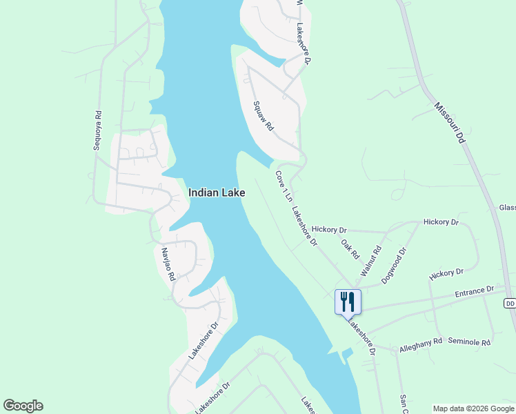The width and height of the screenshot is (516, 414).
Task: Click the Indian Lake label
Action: tap(217, 194)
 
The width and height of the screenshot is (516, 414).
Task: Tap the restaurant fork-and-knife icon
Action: tap(348, 302)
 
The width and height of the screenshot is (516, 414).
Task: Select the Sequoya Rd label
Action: tap(98, 130)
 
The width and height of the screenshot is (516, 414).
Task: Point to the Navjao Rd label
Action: tap(167, 264)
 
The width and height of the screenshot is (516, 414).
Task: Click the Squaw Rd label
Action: tap(264, 117)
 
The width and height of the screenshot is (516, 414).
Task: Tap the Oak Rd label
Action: tap(350, 249)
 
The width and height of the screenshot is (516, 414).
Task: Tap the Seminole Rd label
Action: tap(469, 342)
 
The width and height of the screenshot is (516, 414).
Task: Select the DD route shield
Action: tap(510, 303)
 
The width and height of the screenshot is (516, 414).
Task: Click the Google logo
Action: tap(23, 406)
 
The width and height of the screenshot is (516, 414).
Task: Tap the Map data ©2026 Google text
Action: tap(473, 408)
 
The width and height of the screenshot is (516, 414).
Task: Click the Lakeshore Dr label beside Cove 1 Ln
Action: tap(304, 227)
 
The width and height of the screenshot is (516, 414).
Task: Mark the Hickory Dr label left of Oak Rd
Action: tap(329, 229)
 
